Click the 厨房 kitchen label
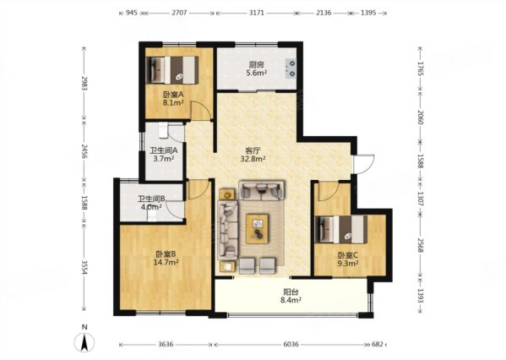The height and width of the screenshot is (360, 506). pyautogui.click(x=257, y=65)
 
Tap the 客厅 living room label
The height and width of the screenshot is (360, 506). pyautogui.click(x=253, y=150)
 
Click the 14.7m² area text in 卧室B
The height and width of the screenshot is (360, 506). pyautogui.click(x=166, y=262)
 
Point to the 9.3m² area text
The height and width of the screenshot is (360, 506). pyautogui.click(x=348, y=263)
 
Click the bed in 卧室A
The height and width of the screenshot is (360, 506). pyautogui.click(x=172, y=70)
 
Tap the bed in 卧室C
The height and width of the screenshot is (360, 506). pyautogui.click(x=341, y=229)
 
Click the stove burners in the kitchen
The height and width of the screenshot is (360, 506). pyautogui.click(x=291, y=68)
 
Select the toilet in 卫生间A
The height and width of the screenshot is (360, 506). pyautogui.click(x=164, y=130)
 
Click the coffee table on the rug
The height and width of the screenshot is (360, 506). pyautogui.click(x=257, y=229)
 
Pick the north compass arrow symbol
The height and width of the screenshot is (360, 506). pyautogui.click(x=84, y=342)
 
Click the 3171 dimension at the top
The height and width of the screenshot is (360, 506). pyautogui.click(x=257, y=13)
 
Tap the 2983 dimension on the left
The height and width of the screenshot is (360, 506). pyautogui.click(x=84, y=84)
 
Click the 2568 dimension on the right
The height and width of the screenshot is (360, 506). pyautogui.click(x=420, y=245)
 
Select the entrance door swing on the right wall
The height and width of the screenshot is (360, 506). pyautogui.click(x=364, y=164)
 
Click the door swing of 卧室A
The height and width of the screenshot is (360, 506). pyautogui.click(x=201, y=110)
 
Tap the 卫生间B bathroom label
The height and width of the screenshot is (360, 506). pyautogui.click(x=152, y=199)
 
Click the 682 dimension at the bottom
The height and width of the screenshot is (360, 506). pyautogui.click(x=378, y=344)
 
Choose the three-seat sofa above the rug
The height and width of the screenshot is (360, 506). pyautogui.click(x=261, y=190)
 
